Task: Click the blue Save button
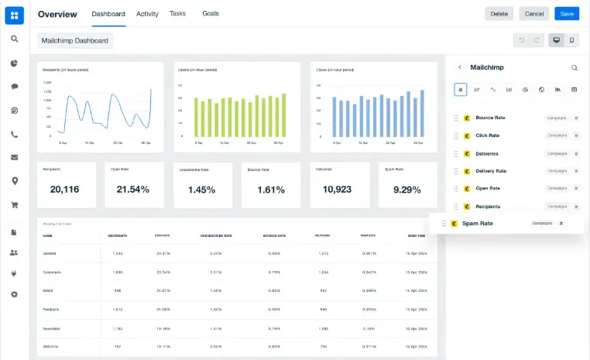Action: [x=566, y=14]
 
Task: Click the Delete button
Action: [x=499, y=14]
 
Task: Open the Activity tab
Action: [x=147, y=14]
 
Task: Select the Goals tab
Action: [x=211, y=14]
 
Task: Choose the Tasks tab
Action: [x=177, y=14]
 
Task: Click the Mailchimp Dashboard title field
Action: [x=75, y=40]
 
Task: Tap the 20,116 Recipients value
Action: [x=65, y=189]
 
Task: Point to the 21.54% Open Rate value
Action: [x=132, y=189]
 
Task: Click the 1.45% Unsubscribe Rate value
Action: [x=201, y=190]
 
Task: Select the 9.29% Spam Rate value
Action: [x=406, y=189]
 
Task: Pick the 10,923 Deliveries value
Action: [x=338, y=189]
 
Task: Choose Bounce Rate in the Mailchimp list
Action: [x=490, y=118]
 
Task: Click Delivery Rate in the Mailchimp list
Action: [x=491, y=171]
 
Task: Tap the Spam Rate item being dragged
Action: [x=477, y=224]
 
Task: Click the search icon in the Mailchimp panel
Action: [x=575, y=67]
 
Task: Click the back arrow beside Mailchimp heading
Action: [x=460, y=67]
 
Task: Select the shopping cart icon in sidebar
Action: [x=14, y=205]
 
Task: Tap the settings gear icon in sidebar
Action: [x=14, y=294]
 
